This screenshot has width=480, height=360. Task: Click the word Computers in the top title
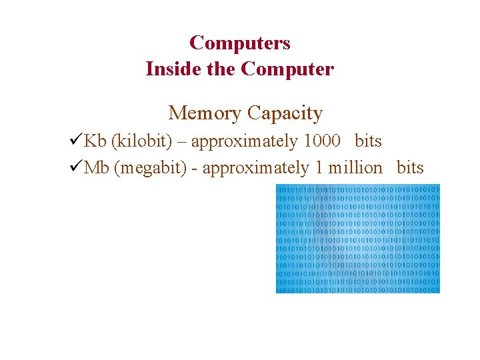click(240, 43)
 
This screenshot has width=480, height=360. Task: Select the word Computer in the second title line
click(287, 69)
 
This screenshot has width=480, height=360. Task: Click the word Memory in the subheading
click(204, 113)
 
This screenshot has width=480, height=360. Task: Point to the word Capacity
click(285, 113)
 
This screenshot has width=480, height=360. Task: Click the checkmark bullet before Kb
click(75, 141)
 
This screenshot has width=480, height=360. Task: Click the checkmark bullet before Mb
click(75, 167)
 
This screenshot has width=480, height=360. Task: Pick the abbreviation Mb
click(97, 168)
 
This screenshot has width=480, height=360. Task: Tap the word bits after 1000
click(368, 141)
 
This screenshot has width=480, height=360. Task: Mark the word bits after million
click(410, 168)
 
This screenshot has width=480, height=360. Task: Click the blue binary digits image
click(358, 239)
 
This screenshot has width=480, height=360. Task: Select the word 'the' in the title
click(221, 69)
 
